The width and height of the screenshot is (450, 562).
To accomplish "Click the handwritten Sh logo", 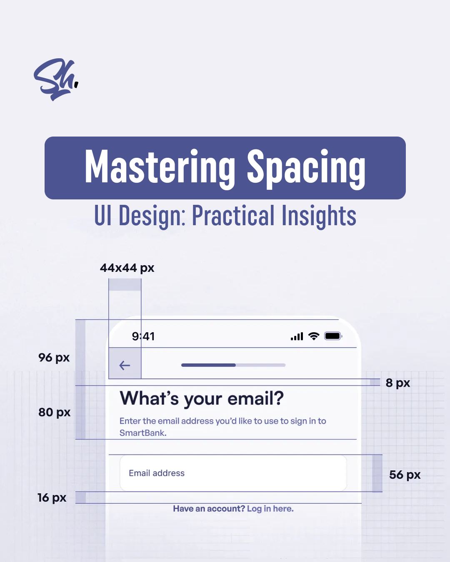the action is pos(56,79).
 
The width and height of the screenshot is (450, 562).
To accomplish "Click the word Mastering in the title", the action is pos(160,167).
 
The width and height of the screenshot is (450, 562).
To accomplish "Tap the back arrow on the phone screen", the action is pos(125,366).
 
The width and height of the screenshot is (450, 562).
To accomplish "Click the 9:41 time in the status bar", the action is pos(143,336).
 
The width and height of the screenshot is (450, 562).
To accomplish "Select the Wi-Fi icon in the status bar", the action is pos(314,336).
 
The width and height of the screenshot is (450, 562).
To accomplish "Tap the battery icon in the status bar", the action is pos(333,336).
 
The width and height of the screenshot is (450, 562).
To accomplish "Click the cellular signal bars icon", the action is pos(297,336).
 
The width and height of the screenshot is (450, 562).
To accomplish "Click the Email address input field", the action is pos(233,473).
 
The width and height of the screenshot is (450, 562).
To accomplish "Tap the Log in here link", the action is pos(270,508).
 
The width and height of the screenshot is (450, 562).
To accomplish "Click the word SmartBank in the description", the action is pos(143,433).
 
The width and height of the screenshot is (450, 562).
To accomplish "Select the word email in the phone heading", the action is pos(256,398).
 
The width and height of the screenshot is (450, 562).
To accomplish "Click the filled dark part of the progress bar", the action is pos(208,365).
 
